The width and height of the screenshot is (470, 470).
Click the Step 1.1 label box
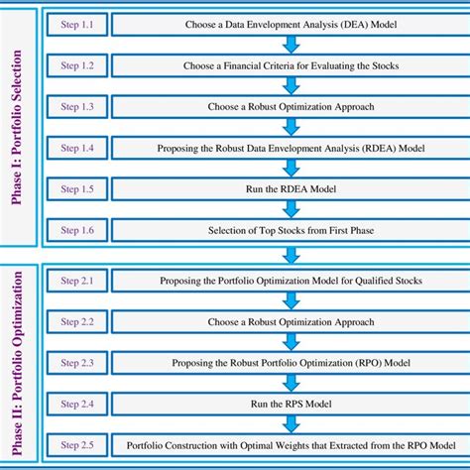coord(76,23)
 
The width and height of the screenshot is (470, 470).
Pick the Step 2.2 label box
coord(76,322)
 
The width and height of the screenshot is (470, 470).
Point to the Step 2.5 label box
coord(76,444)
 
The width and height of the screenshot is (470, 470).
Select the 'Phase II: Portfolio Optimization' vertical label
coord(17,362)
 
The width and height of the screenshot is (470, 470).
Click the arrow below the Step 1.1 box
coord(291,44)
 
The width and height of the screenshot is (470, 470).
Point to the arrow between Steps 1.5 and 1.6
coord(291,209)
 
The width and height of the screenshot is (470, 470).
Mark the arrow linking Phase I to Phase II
coord(291,255)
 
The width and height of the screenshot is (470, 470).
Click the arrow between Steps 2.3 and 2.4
coord(291,383)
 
